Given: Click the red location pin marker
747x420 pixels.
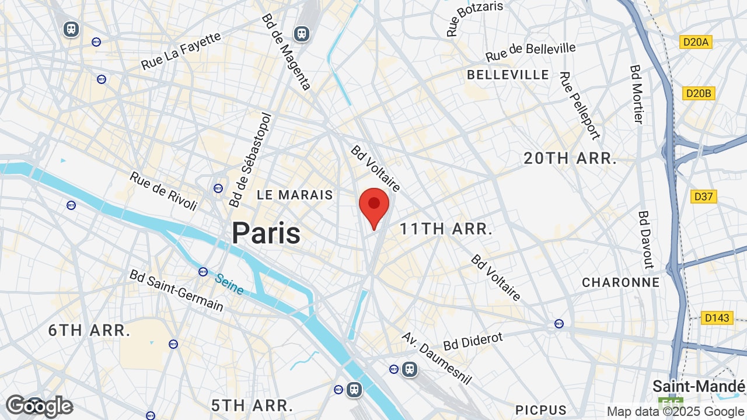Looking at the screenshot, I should pyautogui.click(x=374, y=205).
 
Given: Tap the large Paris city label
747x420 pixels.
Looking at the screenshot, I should pyautogui.click(x=266, y=233).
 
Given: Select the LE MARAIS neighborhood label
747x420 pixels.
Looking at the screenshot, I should pyautogui.click(x=295, y=195).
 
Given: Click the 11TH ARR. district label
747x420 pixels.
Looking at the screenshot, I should pyautogui.click(x=446, y=229).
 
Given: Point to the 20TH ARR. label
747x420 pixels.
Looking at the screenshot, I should pyautogui.click(x=570, y=158).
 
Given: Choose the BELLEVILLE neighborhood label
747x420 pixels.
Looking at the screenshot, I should pyautogui.click(x=508, y=75).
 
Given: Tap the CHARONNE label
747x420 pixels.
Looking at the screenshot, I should pyautogui.click(x=620, y=282).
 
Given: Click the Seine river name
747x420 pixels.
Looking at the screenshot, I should pyautogui.click(x=229, y=284).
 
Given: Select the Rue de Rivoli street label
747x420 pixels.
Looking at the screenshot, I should pyautogui.click(x=163, y=191).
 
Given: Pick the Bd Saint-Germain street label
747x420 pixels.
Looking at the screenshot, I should pyautogui.click(x=176, y=290).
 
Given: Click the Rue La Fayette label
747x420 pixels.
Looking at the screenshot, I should pyautogui.click(x=181, y=51).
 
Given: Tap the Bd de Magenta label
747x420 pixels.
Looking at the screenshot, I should pyautogui.click(x=285, y=52).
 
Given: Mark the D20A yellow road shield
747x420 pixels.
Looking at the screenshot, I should pyautogui.click(x=696, y=42).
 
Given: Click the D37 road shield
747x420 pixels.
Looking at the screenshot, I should pyautogui.click(x=703, y=197).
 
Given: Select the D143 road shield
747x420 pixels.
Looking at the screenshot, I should pyautogui.click(x=717, y=318).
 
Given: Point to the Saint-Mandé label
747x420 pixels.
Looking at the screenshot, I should pyautogui.click(x=699, y=386).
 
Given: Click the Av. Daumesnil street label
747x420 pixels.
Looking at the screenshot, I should pyautogui.click(x=437, y=358).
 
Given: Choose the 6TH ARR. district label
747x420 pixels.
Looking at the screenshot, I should pyautogui.click(x=89, y=330).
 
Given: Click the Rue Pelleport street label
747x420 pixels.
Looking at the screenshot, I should pyautogui.click(x=579, y=106).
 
